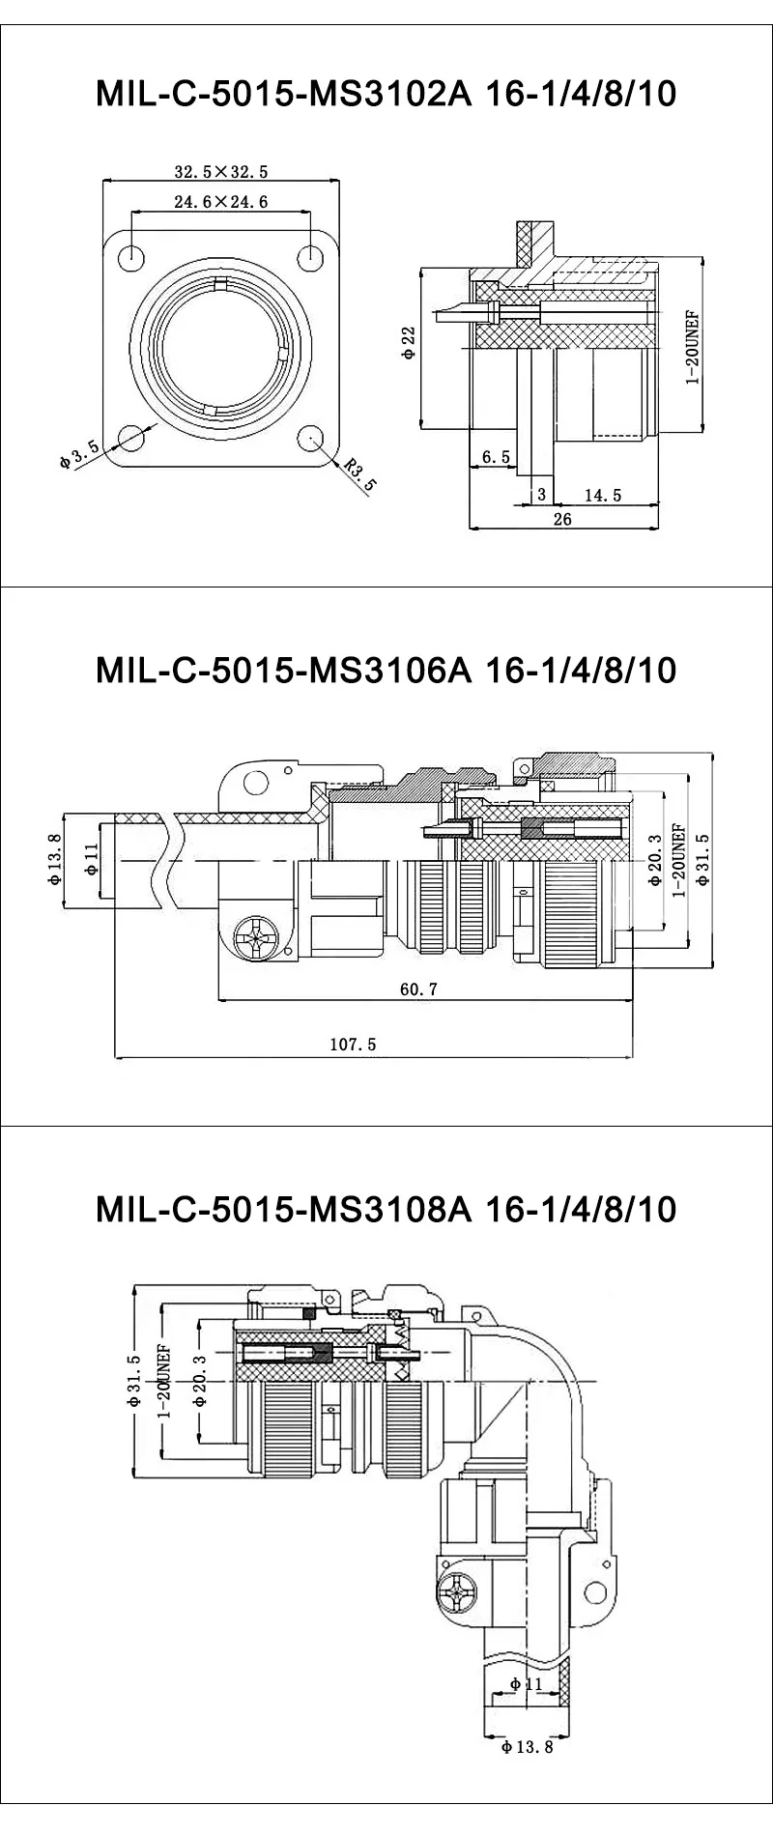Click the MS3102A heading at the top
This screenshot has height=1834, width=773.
386,94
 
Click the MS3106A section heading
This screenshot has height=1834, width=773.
386,670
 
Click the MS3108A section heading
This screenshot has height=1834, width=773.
386,1209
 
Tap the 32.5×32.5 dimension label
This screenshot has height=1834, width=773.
220,172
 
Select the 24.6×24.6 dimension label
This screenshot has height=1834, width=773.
220,202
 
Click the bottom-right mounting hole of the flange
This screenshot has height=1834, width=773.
310,438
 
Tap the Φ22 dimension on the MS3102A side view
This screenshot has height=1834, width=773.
409,343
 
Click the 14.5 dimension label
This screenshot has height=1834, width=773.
603,495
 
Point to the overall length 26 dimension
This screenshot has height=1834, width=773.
562,519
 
